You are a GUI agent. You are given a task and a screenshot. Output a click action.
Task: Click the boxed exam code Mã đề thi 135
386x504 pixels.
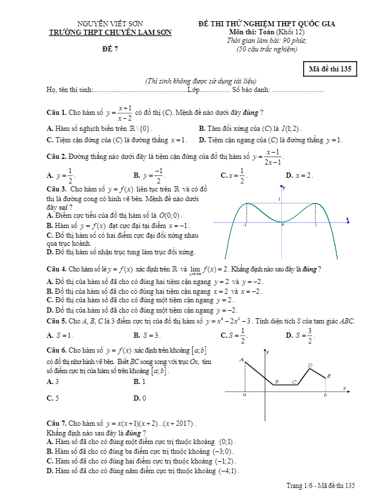pos(330,70)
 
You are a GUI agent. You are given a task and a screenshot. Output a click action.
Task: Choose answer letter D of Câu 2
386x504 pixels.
pos(289,175)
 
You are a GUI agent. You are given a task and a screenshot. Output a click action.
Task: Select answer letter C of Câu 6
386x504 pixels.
pos(50,398)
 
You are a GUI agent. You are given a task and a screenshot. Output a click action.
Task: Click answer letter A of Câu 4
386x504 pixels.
pos(50,281)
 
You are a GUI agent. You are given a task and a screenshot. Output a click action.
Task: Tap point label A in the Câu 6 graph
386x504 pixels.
pos(241,360)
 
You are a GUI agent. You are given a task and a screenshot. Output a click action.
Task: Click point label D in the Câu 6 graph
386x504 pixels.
pos(310,365)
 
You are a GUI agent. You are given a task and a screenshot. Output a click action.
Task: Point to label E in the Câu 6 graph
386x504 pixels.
pos(329,375)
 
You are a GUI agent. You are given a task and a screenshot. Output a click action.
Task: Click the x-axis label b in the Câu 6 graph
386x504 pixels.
pos(325,395)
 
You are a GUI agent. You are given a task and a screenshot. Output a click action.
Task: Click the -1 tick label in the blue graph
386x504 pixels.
pos(245,226)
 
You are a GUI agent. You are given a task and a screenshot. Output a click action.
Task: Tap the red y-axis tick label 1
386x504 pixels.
pos(280,199)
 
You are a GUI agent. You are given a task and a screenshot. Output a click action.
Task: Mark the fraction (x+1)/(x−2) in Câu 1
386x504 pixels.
pos(125,113)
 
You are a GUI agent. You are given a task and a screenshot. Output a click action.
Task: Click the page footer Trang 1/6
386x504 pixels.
pos(299,485)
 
